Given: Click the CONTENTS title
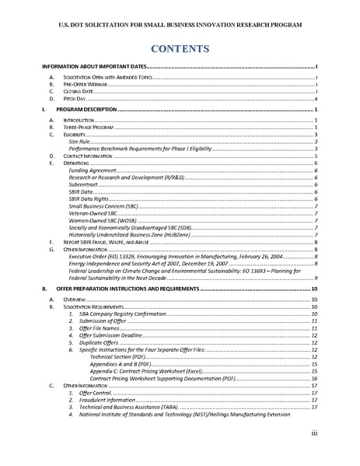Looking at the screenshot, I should tap(180, 49).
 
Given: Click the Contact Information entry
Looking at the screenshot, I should tap(90, 156).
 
